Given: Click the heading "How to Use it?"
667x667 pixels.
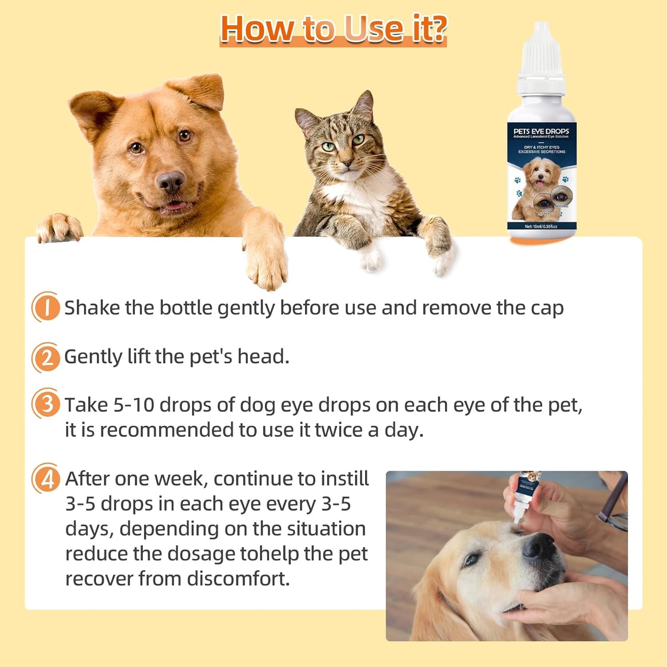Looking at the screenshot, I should tap(333, 29).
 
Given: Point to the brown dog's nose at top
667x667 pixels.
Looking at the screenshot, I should tap(170, 181).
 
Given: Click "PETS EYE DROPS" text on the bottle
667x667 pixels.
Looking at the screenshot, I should tap(541, 131).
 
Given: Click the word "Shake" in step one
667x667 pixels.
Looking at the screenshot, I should tap(92, 308).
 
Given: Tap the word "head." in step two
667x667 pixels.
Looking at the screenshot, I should tap(263, 357).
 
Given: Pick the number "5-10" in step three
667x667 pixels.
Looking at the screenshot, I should tap(134, 405).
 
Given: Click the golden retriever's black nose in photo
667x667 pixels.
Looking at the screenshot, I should tap(539, 546).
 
